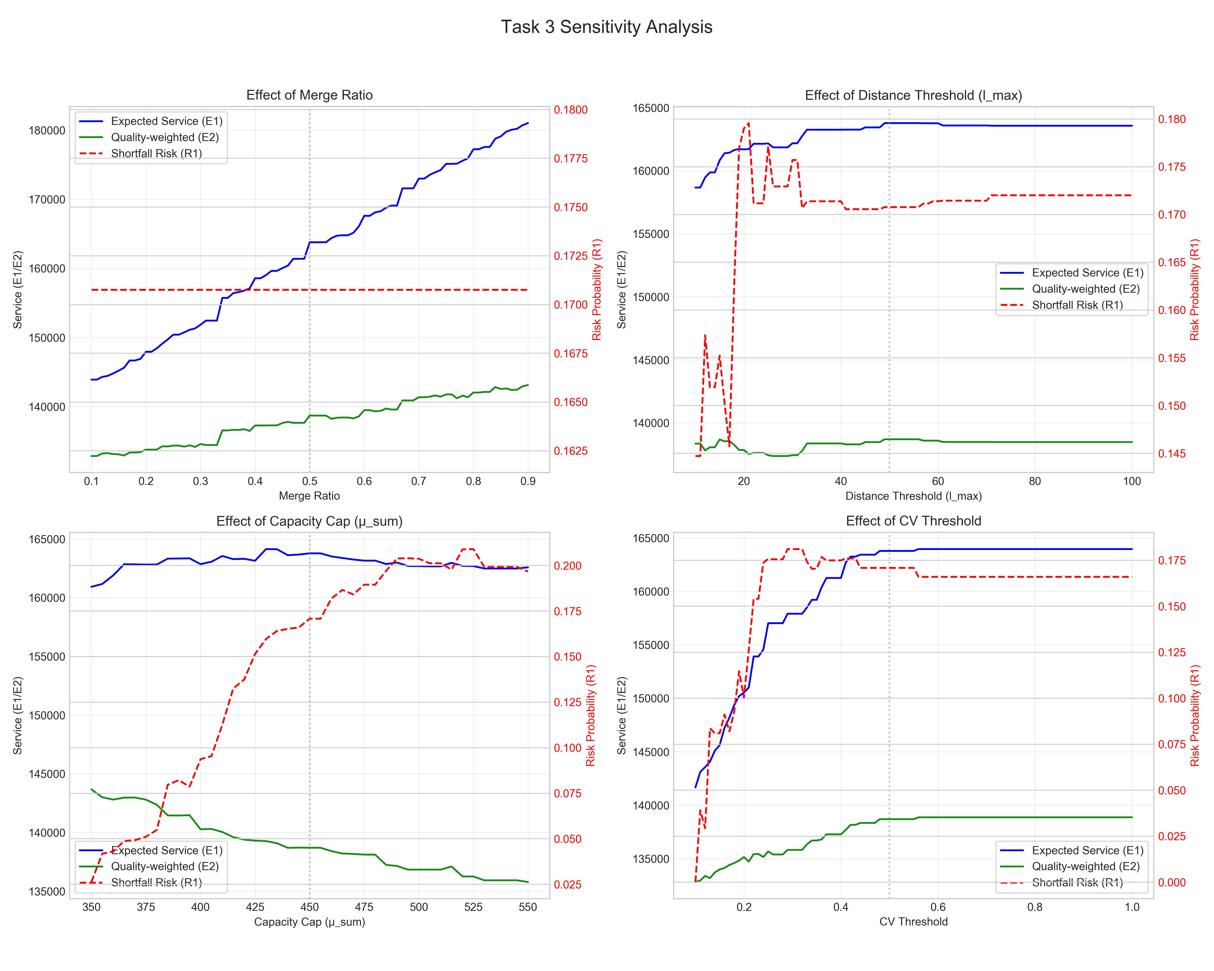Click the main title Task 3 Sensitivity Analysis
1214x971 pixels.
click(606, 27)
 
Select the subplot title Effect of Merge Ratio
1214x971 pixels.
click(309, 95)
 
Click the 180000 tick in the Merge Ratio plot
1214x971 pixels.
click(47, 131)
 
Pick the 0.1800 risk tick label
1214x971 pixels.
click(570, 110)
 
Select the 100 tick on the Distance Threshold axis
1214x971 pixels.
click(1132, 481)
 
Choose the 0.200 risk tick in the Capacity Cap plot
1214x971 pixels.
click(568, 566)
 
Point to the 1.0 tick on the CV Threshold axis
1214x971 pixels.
click(1132, 907)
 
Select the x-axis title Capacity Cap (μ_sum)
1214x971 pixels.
click(309, 921)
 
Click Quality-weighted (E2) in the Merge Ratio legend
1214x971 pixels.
click(164, 137)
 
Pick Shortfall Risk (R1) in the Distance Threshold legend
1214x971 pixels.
click(1077, 305)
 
